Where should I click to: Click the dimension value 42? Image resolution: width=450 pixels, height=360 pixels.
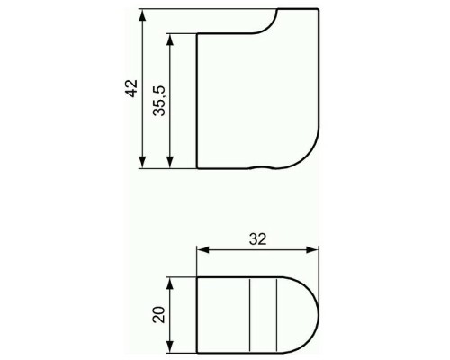[130, 88]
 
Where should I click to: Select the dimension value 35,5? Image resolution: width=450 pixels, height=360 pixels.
[159, 100]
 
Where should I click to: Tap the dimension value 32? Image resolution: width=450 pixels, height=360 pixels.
[259, 239]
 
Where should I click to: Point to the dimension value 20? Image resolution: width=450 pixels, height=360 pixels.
[159, 314]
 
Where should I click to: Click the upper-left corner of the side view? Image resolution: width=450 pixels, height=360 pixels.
[197, 34]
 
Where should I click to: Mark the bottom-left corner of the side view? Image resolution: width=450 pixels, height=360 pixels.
[197, 168]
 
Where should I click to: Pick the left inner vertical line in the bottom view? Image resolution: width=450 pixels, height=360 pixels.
[248, 313]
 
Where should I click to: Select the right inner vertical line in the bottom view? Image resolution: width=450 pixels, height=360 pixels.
[274, 313]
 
